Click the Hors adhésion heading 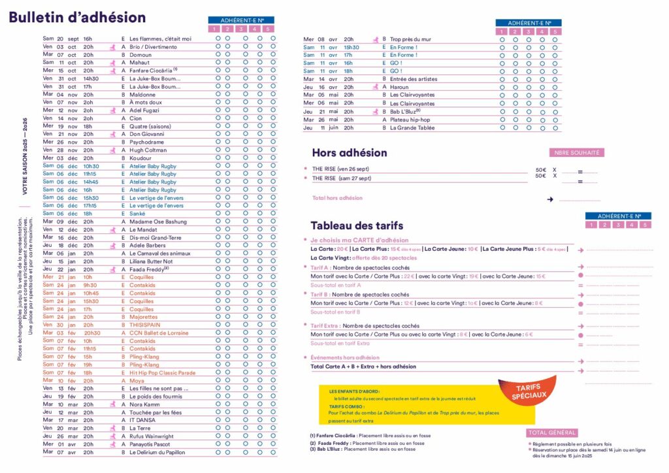350,153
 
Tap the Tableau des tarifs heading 357,225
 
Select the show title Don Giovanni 147,134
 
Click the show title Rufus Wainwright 152,436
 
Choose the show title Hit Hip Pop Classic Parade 162,372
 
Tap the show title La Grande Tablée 412,128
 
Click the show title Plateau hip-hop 410,120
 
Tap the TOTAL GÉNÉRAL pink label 552,432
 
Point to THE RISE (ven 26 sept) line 341,169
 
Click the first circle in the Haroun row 502,87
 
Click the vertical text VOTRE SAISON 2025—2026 25,156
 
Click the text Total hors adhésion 337,198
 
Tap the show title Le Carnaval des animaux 160,253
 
